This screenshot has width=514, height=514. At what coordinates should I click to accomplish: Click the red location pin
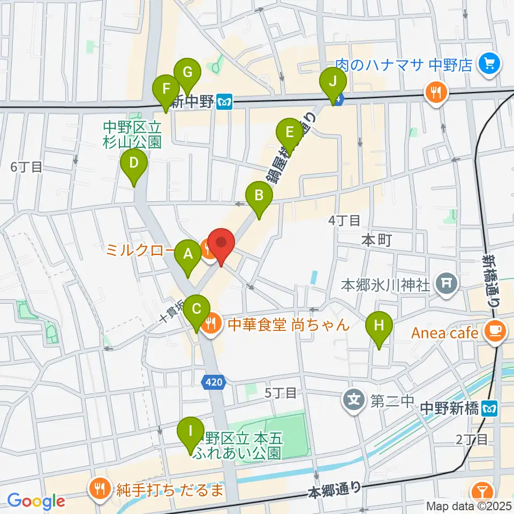[x=221, y=244]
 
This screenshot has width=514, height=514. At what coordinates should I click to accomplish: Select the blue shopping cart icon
[x=489, y=65]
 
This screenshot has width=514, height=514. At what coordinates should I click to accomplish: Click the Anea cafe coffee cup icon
[x=494, y=332]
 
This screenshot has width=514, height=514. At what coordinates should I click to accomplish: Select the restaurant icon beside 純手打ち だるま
[x=99, y=489]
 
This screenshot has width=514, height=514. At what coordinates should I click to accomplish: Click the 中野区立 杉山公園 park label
[x=132, y=134]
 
